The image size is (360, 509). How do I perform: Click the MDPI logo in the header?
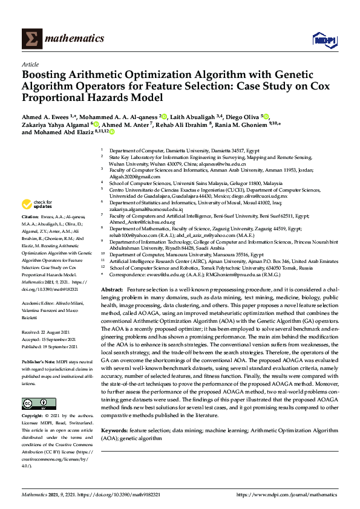(324, 39)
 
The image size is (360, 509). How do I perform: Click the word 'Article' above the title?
(30, 63)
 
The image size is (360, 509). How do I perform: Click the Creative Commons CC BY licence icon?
(39, 403)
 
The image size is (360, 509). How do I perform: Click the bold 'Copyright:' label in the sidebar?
(34, 417)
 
